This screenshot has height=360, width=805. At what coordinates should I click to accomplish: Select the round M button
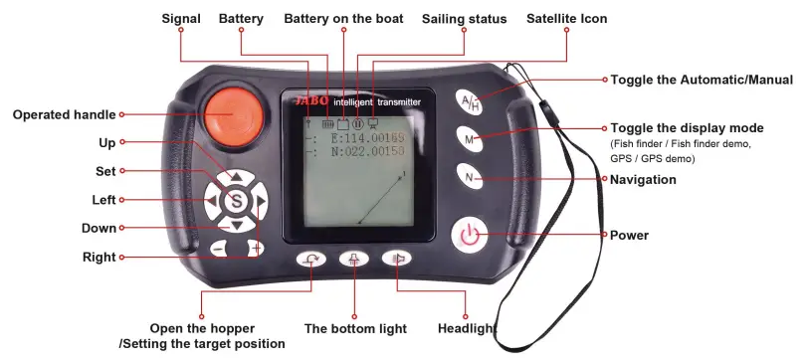point(470,139)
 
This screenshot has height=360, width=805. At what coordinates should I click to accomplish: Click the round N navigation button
point(470,176)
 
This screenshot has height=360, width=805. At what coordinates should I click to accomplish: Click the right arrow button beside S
point(261,204)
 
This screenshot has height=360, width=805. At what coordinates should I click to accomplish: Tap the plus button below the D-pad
point(256,247)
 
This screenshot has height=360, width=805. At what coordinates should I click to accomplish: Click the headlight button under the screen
point(396,259)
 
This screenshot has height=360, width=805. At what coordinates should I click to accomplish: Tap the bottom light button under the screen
point(353,260)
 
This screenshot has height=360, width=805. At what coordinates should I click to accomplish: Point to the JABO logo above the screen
point(312,101)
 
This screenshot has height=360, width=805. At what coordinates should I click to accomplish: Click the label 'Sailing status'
point(464,19)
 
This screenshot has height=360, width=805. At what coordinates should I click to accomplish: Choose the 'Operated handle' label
point(64,114)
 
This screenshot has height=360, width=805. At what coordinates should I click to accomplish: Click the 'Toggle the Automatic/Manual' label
point(701,80)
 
